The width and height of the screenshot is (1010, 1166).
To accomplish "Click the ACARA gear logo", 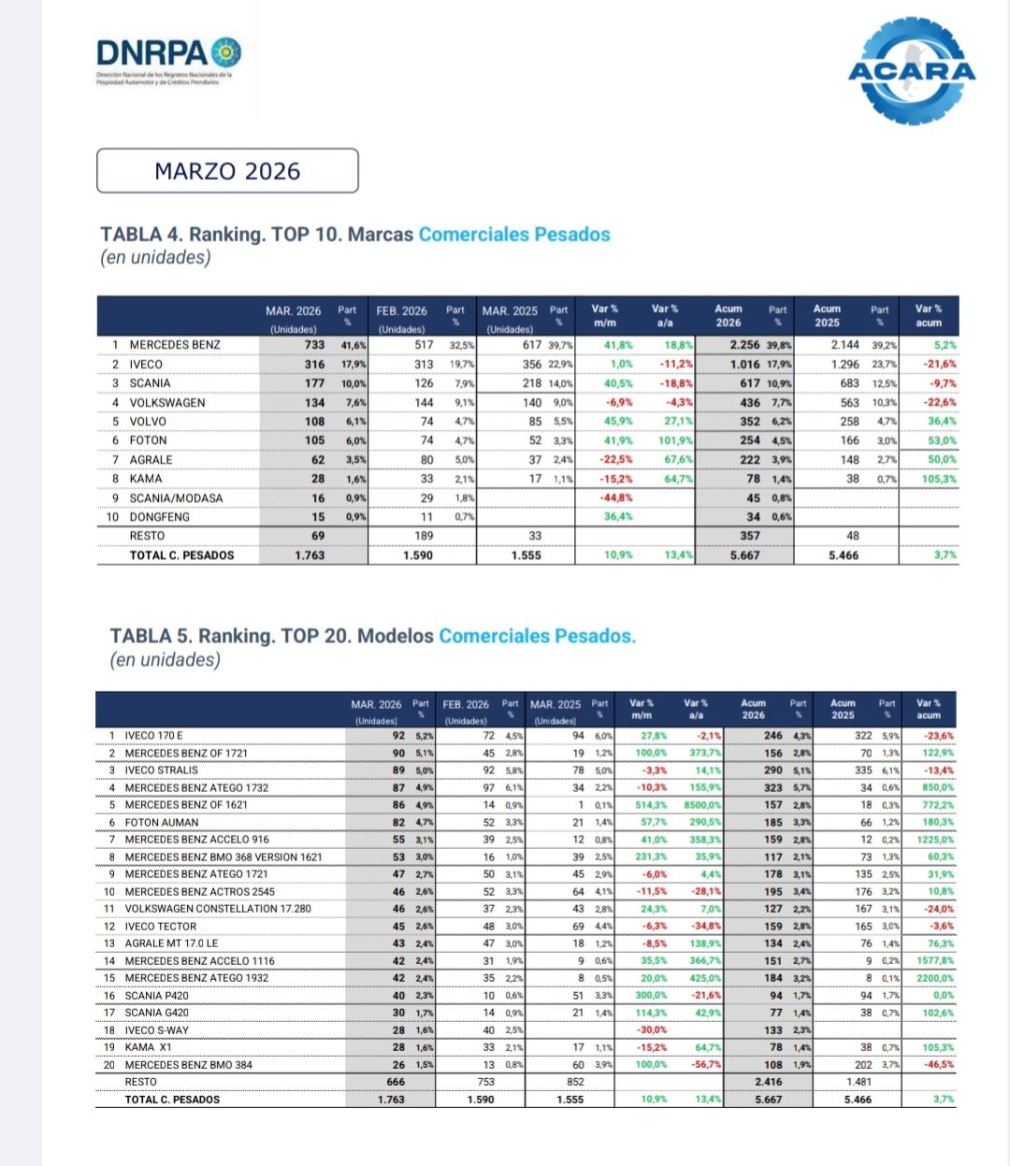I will pos(911,70).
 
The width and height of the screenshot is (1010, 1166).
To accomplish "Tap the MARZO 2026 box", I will pos(227,171).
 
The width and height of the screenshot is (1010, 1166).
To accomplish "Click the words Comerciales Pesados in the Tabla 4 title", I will pos(513,235).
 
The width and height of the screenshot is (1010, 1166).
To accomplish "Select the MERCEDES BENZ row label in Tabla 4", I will pos(175,345).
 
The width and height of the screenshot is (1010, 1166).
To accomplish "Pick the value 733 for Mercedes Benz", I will pos(314,345).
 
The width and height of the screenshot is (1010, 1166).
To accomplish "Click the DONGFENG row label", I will pos(159,517).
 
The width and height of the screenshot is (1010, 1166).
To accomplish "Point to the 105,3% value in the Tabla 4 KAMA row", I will pos(939,479).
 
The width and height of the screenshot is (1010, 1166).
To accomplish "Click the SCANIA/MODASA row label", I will pos(176,498).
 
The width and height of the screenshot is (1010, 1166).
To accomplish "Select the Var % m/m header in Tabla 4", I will pos(605,315).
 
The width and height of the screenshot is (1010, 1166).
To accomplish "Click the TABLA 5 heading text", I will pos(271,637).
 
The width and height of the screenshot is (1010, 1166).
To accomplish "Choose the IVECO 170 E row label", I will pos(154,736).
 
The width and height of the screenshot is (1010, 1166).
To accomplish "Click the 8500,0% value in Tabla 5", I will pos(702,805).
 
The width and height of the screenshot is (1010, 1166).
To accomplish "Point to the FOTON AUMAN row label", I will pos(162,823).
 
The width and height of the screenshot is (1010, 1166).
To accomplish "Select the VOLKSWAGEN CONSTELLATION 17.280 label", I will pos(218,909).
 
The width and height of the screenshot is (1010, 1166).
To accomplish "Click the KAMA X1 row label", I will pos(149,1047).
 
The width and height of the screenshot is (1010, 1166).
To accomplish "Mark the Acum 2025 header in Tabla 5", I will pos(843,709).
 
